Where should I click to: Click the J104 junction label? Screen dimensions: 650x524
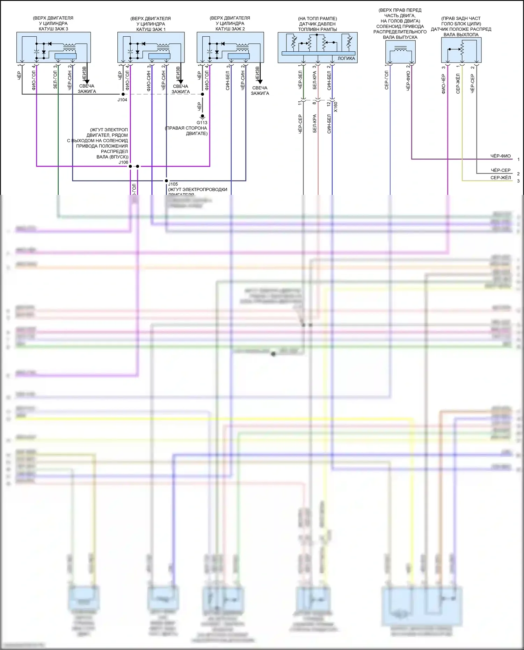(122, 100)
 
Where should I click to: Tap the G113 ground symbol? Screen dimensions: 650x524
(202, 116)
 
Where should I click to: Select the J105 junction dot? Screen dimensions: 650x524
(166, 181)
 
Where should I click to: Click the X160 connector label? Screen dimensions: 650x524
(336, 107)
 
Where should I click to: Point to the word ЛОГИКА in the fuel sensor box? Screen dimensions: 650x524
(346, 59)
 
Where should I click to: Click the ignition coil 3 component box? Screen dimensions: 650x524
(53, 48)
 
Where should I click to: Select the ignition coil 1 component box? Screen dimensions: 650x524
(151, 48)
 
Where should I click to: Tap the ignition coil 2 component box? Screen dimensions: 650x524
(230, 48)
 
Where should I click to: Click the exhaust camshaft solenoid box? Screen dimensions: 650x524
(400, 52)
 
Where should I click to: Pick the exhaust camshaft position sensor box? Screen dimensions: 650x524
(461, 50)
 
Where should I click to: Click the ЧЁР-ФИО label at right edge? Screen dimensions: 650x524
(501, 156)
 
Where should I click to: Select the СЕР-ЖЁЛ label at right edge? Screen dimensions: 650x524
(501, 178)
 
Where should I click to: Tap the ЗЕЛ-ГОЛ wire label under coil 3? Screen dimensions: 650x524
(55, 80)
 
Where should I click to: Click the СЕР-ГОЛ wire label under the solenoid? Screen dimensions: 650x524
(387, 80)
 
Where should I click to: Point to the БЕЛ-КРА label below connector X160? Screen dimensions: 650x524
(315, 123)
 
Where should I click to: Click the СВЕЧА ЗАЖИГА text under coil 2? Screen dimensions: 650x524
(260, 90)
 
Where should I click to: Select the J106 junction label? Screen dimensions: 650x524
(123, 162)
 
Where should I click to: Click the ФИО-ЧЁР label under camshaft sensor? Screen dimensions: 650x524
(444, 84)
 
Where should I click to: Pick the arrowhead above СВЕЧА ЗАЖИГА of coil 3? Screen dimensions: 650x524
(87, 82)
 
